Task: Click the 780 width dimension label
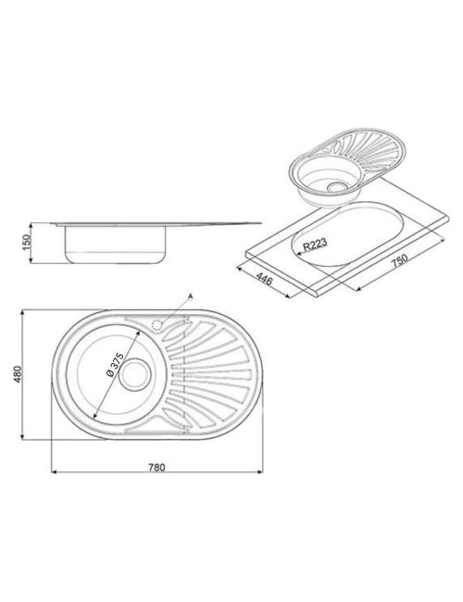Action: click(156, 467)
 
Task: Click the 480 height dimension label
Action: click(18, 374)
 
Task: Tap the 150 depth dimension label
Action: click(26, 243)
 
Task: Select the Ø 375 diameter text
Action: click(114, 364)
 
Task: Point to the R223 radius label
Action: click(315, 245)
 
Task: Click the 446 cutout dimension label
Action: click(264, 279)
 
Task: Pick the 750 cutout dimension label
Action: click(399, 261)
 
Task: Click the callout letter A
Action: click(190, 296)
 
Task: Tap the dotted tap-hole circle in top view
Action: click(157, 326)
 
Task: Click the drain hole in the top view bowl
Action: click(134, 374)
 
